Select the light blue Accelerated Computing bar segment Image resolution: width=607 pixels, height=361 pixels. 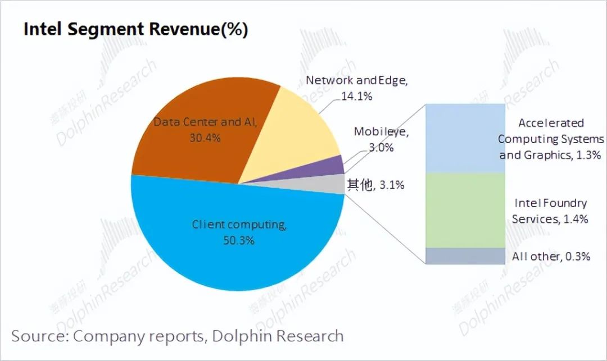(x=465, y=138)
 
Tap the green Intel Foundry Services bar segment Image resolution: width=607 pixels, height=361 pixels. (x=465, y=210)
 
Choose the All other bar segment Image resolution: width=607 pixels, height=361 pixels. (x=465, y=256)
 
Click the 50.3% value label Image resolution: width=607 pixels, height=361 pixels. (x=239, y=240)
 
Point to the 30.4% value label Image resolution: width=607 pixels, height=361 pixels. (x=205, y=138)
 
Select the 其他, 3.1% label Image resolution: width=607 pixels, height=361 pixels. (x=375, y=184)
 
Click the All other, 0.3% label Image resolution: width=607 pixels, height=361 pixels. (x=551, y=257)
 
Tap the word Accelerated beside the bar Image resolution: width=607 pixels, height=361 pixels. (x=551, y=123)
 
